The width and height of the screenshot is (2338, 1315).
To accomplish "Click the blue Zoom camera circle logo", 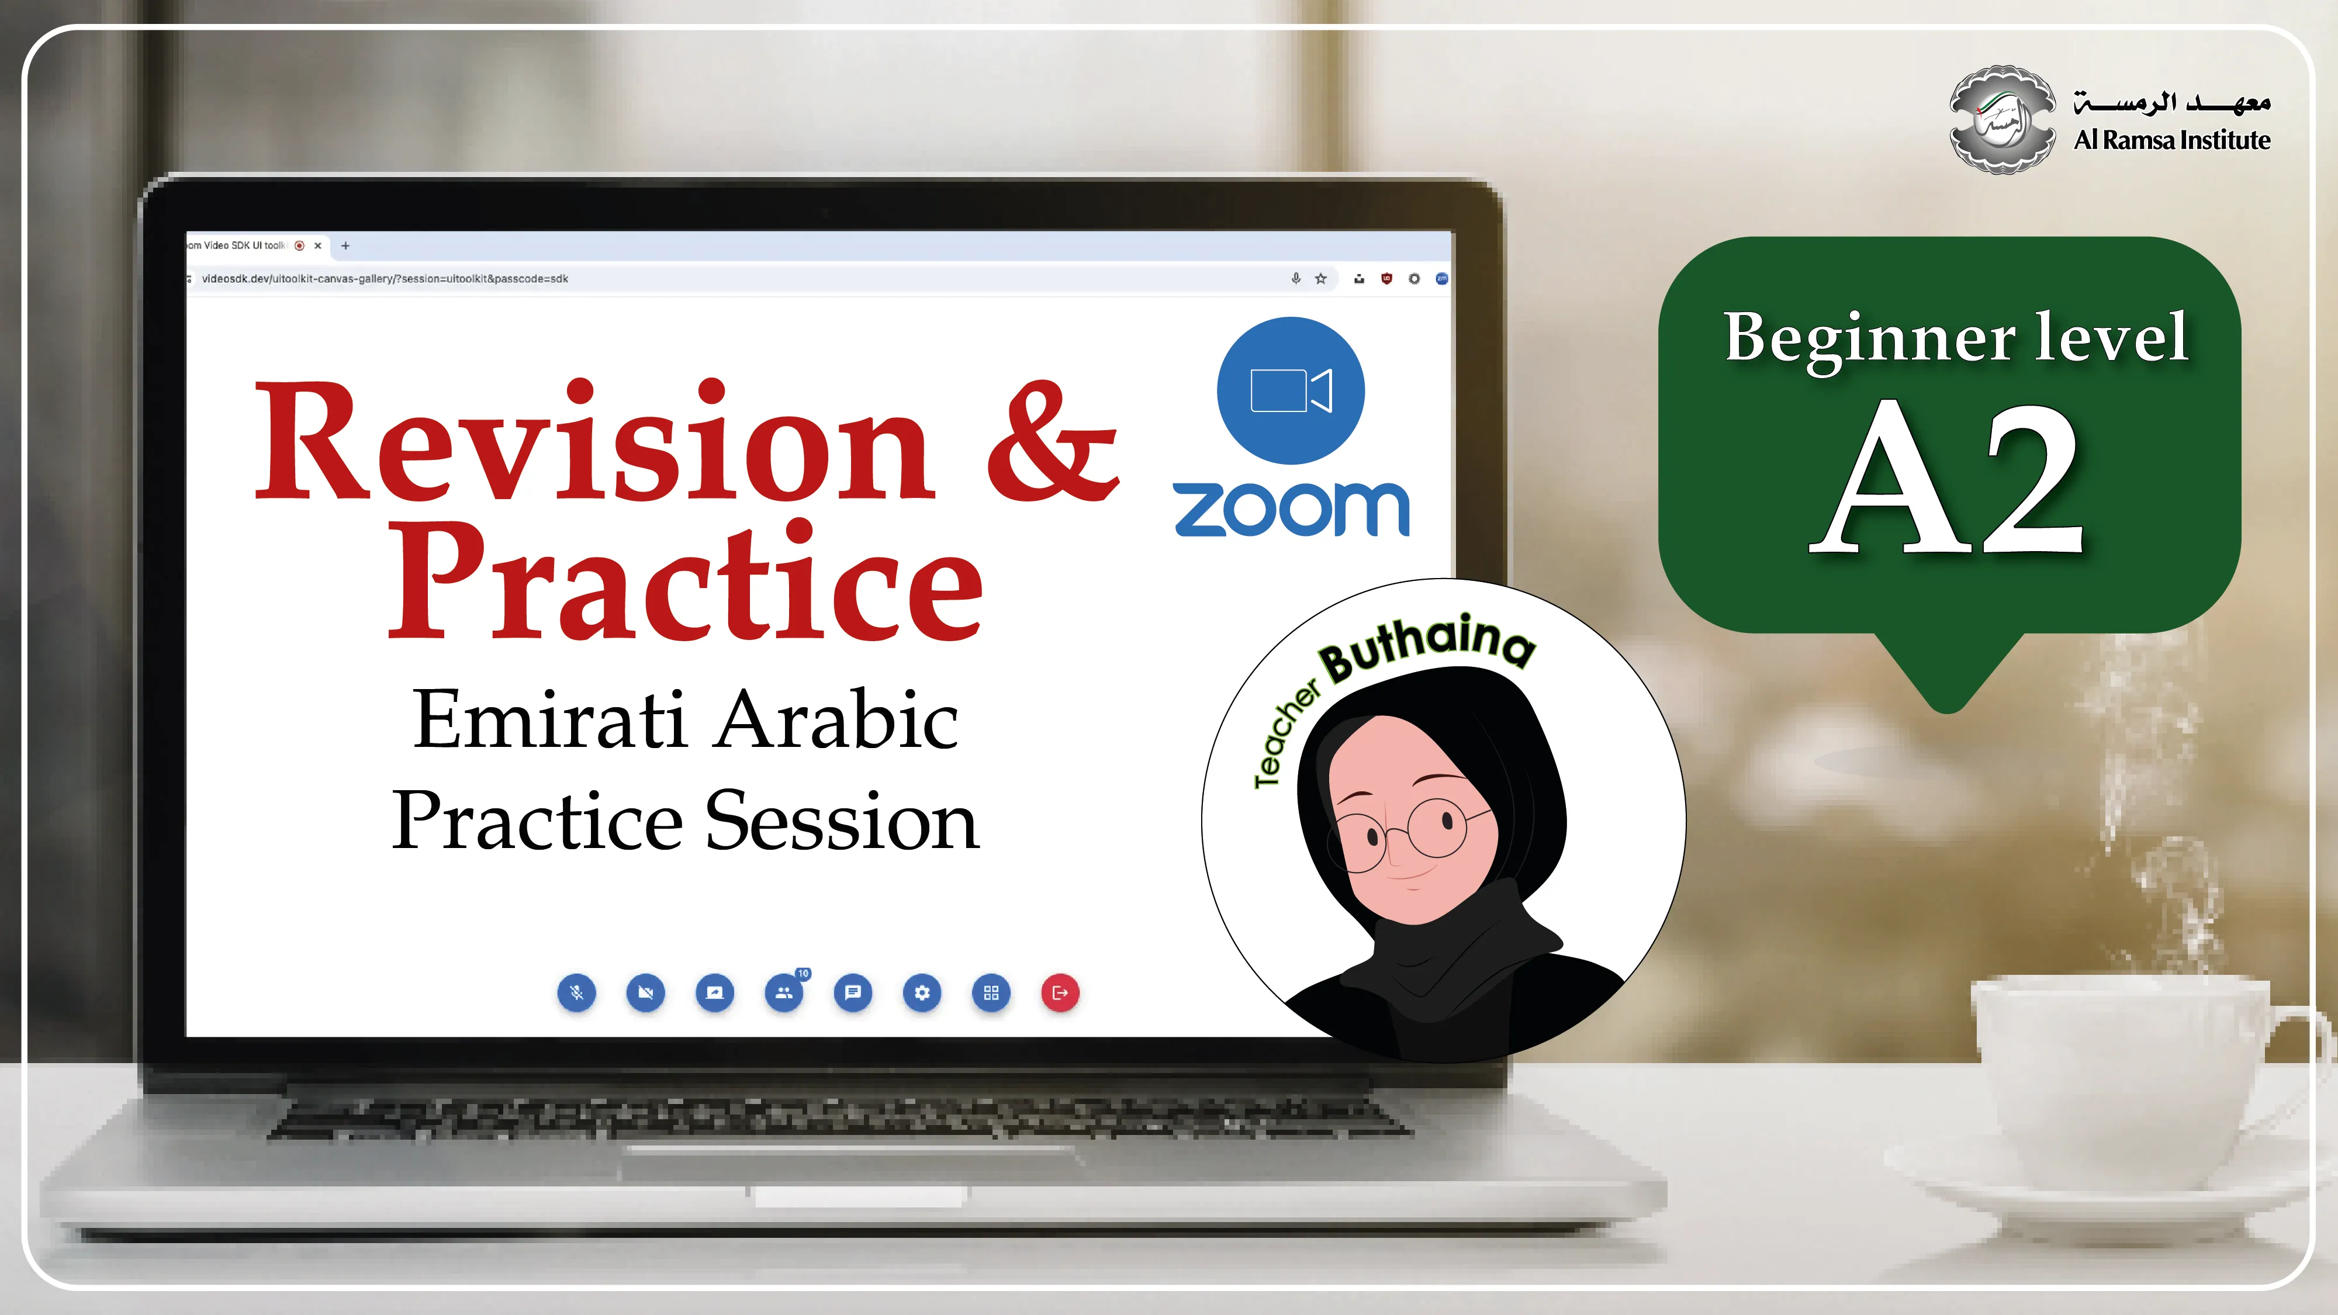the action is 1291,390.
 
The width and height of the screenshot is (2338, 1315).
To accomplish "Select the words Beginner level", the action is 1956,338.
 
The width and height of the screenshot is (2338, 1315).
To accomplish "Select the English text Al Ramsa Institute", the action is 2172,140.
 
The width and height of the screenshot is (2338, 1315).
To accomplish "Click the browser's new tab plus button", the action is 345,245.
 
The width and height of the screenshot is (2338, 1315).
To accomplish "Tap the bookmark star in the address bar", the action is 1320,279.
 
